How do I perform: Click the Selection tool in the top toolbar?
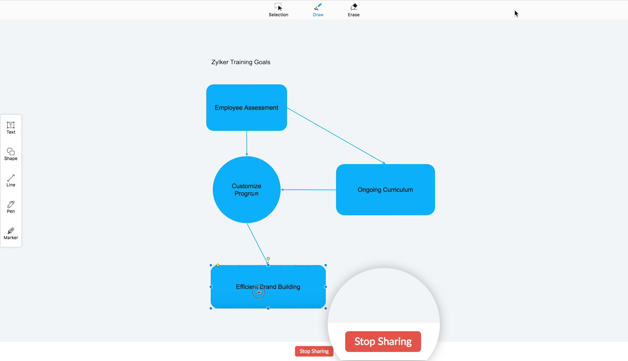pos(278,10)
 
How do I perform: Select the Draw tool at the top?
pos(318,10)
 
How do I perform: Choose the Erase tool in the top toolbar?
pos(353,10)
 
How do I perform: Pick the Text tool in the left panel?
pos(10,128)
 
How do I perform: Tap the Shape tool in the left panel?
pos(10,154)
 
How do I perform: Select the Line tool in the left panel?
pos(10,181)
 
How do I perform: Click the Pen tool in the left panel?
pos(10,207)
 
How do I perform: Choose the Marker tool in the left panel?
pos(10,234)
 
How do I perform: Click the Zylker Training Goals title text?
pos(241,62)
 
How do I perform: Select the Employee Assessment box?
pos(247,108)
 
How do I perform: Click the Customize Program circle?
pos(247,189)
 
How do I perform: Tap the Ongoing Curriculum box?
pos(385,189)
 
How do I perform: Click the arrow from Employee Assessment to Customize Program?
pos(247,143)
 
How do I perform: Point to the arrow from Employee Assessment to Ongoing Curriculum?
pos(336,136)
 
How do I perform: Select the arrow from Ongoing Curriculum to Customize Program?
pos(309,189)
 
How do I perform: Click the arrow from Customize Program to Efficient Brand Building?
pos(257,244)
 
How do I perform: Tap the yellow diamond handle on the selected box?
pos(218,265)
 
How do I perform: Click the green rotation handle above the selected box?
pos(268,258)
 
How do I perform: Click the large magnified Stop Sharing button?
pos(383,341)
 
